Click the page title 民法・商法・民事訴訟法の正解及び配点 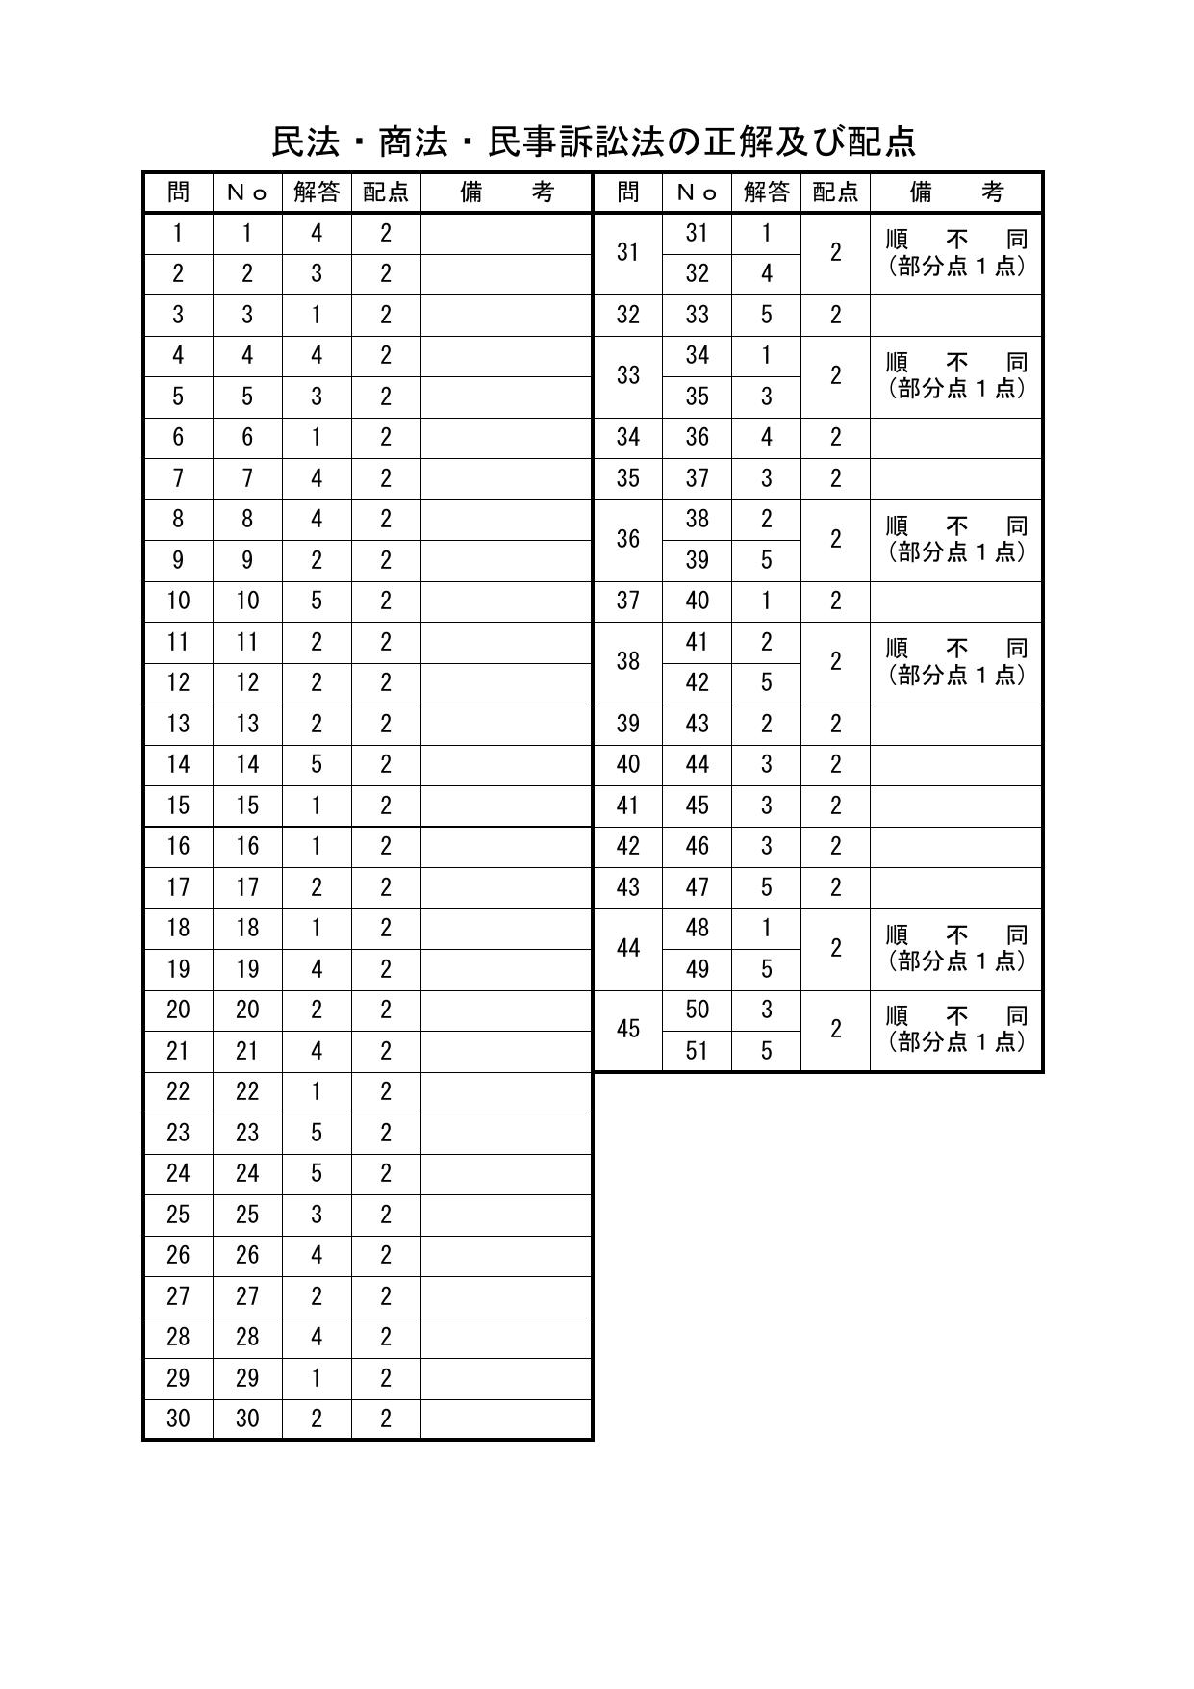pos(594,141)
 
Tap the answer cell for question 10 pos(317,601)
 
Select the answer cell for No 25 pos(317,1215)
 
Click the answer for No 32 pos(766,274)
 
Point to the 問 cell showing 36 pos(628,539)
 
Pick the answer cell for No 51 pos(766,1051)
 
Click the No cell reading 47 pos(697,887)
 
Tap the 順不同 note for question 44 pos(956,948)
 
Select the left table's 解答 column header pos(317,192)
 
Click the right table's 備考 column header pos(956,192)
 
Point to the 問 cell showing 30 pos(178,1419)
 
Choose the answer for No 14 pos(317,765)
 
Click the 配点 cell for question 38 pos(835,661)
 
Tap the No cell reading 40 pos(697,601)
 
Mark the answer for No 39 pos(766,560)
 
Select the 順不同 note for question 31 pos(956,252)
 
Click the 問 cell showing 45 pos(628,1030)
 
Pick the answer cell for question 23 pos(317,1133)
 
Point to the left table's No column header pos(247,192)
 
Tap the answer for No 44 pos(766,765)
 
